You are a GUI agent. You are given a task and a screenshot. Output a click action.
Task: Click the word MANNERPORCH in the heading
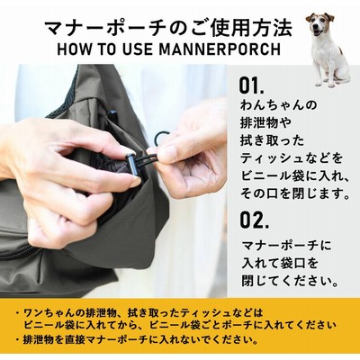click(220, 49)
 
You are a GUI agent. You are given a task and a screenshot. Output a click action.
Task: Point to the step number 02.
click(254, 220)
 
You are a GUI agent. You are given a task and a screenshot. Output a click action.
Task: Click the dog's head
click(319, 24)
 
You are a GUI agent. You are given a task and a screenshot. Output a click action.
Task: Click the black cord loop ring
click(160, 139)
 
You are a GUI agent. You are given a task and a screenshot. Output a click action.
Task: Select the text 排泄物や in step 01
click(265, 122)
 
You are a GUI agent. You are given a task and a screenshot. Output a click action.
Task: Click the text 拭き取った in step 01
click(272, 140)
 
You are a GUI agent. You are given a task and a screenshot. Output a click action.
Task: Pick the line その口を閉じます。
click(295, 193)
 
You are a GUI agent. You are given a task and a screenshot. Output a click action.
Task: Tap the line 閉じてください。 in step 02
click(291, 281)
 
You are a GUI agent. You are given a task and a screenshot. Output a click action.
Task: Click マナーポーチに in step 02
click(287, 245)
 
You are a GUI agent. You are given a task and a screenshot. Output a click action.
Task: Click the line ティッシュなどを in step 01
click(292, 158)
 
